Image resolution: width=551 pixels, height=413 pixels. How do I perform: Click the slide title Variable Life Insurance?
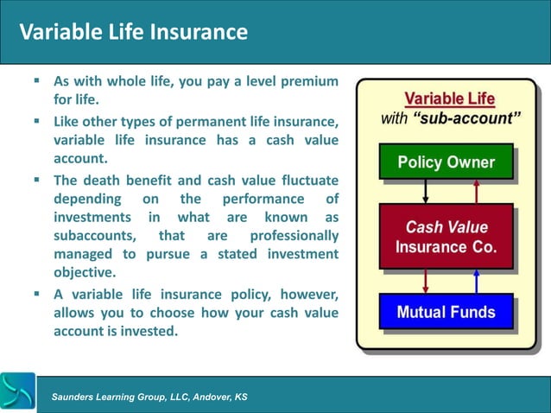[134, 33]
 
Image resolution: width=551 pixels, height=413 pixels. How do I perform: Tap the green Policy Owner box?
[446, 162]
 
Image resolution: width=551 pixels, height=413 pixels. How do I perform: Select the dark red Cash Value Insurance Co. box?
[446, 237]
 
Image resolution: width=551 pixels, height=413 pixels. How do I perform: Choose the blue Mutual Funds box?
[446, 312]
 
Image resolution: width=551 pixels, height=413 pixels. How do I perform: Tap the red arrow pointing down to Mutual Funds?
[425, 281]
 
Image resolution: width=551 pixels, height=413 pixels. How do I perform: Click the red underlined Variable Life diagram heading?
[449, 98]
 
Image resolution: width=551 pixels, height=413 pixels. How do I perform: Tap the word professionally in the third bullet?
[294, 235]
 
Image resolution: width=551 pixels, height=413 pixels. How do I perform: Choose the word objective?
[85, 273]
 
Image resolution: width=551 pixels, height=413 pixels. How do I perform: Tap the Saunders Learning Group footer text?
[149, 396]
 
